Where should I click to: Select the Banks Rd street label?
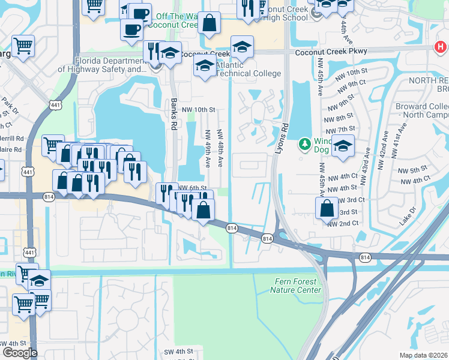(173, 111)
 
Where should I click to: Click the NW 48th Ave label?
(220, 148)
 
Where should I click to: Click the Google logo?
(20, 353)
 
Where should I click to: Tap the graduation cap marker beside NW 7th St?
(343, 146)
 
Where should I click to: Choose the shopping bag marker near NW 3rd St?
(326, 208)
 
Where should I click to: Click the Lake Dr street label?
(408, 217)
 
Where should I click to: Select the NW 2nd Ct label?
(343, 223)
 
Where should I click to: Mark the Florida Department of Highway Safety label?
(102, 65)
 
